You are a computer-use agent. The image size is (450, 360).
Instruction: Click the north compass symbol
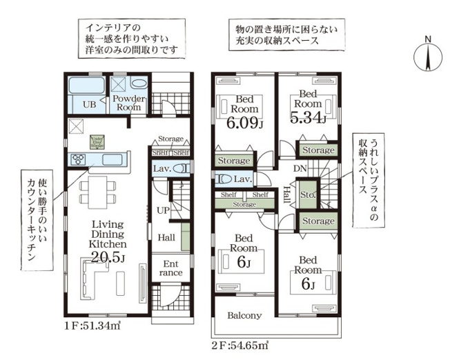click(x=427, y=55)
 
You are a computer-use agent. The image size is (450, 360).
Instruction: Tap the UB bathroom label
click(x=90, y=105)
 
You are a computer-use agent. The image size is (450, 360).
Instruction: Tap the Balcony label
click(x=245, y=316)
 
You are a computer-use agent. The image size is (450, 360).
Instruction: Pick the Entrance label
click(x=170, y=268)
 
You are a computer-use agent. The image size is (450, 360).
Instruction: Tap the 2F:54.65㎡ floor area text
click(x=239, y=342)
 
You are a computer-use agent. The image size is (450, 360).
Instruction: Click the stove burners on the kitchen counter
click(x=77, y=159)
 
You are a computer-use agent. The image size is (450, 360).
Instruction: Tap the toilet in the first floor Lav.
click(x=181, y=168)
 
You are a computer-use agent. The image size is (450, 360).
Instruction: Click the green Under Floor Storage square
click(x=97, y=141)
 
